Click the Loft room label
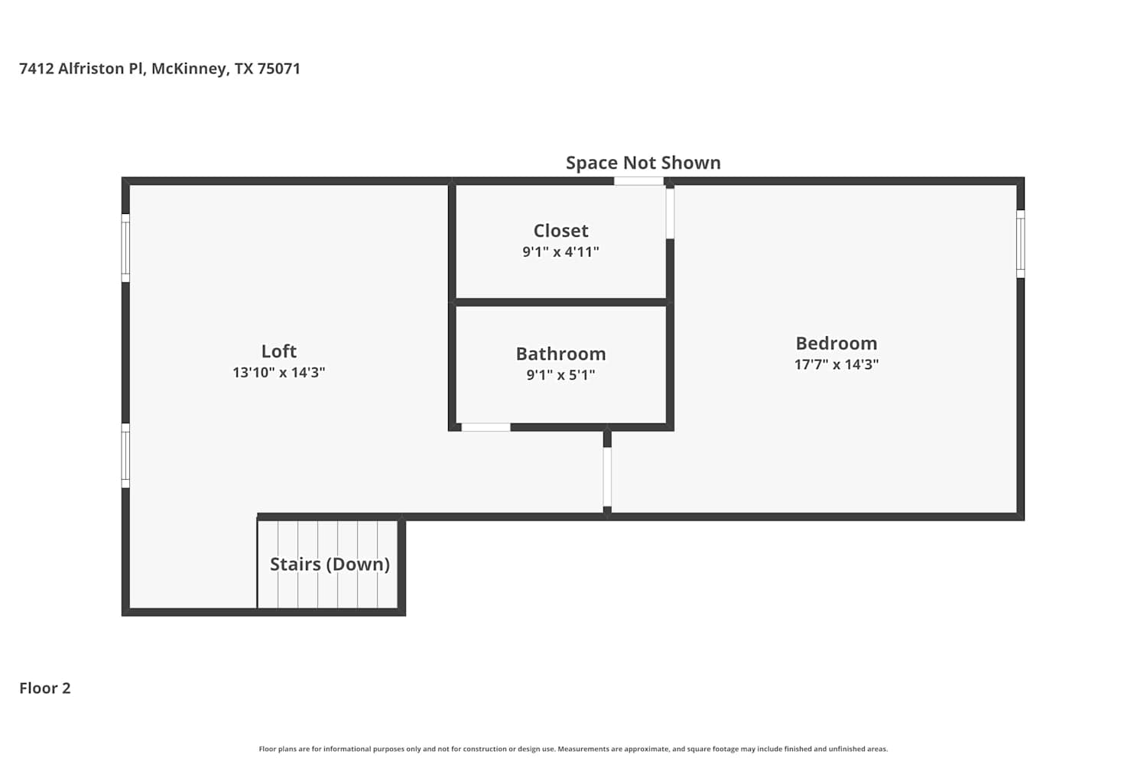(278, 351)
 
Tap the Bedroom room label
(837, 343)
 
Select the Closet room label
(561, 231)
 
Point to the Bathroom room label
(561, 354)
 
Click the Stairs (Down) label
(330, 564)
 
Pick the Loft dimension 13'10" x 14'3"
(278, 372)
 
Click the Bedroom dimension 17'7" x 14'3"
(837, 364)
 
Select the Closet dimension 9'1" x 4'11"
(561, 251)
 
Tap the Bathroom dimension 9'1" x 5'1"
(561, 374)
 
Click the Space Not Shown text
(643, 163)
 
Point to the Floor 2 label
(45, 688)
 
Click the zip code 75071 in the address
(278, 68)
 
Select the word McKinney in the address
(190, 69)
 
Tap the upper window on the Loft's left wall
(125, 248)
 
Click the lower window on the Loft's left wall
(125, 455)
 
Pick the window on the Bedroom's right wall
(1021, 244)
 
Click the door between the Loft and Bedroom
(607, 477)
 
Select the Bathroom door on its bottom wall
(486, 427)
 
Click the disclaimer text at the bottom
(573, 749)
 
